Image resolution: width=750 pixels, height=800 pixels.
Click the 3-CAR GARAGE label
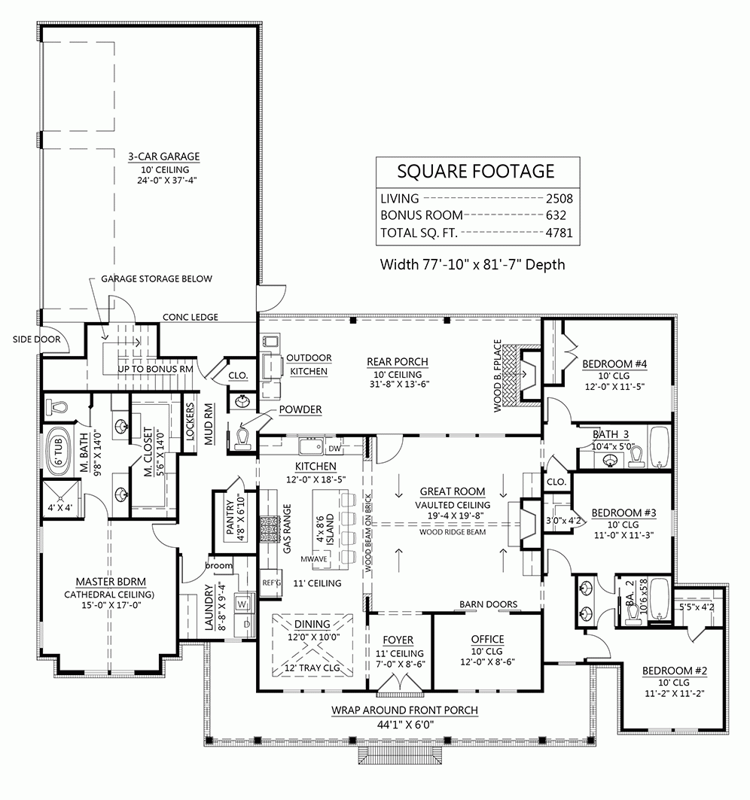[163, 157]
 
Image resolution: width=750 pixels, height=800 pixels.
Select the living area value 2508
[559, 199]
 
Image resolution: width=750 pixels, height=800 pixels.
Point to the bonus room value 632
[563, 216]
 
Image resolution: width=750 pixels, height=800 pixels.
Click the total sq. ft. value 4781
[559, 233]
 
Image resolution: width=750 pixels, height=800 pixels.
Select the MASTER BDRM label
[110, 581]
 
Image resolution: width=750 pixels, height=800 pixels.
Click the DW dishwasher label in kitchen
[336, 449]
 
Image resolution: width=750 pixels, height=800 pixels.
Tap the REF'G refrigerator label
[271, 581]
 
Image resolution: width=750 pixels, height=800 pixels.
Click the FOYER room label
[398, 640]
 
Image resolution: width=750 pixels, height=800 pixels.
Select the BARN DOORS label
[488, 604]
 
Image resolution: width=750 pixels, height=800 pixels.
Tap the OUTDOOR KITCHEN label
[309, 364]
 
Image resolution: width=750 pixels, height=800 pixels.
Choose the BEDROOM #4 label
[614, 364]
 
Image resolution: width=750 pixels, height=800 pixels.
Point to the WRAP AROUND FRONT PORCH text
[404, 710]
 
